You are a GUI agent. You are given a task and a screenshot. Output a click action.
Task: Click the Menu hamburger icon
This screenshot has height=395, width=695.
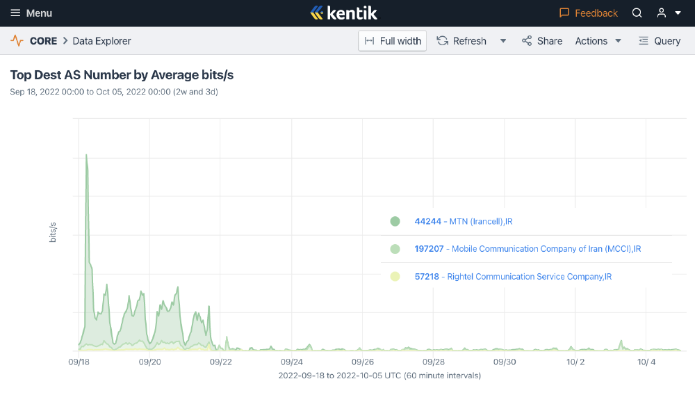tap(15, 13)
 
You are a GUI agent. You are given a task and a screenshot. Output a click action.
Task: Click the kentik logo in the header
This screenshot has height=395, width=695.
tap(343, 13)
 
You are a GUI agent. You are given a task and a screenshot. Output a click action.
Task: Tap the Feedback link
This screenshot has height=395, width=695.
tap(589, 13)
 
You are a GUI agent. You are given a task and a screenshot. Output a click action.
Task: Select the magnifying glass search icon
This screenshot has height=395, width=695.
tap(637, 13)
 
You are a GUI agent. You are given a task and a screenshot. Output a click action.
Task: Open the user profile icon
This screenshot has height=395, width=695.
tap(662, 13)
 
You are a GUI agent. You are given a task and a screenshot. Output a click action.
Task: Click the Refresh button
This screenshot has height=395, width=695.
tap(462, 41)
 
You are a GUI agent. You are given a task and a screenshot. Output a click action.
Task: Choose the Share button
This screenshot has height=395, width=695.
tap(542, 41)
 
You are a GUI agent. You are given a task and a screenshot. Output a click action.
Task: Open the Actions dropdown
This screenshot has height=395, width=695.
tap(598, 41)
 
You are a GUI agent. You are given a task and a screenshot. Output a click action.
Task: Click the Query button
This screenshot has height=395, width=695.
tap(660, 41)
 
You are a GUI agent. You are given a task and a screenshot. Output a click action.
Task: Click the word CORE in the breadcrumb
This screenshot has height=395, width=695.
tap(43, 41)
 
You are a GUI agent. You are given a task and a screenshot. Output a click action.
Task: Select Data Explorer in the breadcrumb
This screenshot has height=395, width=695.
tap(101, 41)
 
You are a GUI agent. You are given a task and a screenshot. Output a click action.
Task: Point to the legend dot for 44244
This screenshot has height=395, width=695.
tap(395, 222)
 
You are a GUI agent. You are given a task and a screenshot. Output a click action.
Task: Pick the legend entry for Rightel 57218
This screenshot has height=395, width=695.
tap(512, 277)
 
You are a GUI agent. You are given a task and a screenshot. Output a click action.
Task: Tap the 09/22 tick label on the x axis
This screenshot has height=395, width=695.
tap(221, 362)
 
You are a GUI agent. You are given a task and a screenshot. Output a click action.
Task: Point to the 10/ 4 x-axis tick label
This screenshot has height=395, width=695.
tap(646, 362)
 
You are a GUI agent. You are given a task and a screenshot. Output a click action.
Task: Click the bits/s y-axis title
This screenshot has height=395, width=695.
tap(53, 232)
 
